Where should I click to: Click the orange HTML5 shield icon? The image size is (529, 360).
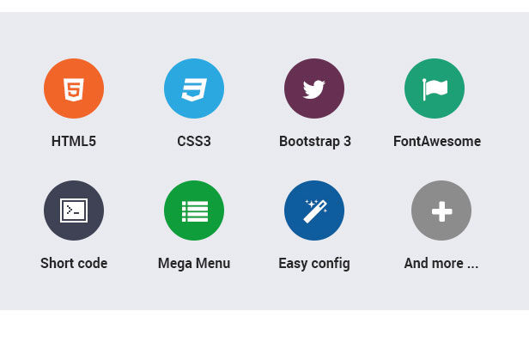(x=74, y=88)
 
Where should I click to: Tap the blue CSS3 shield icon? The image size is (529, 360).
(x=194, y=88)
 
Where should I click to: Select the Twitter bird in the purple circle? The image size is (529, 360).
(x=314, y=88)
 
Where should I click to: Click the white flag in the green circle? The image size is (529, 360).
(x=435, y=88)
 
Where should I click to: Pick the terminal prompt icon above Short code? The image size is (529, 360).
(x=74, y=211)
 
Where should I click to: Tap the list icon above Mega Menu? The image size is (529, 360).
(x=194, y=211)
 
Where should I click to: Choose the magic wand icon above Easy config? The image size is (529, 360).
(x=314, y=211)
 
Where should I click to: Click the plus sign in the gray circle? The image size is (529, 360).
(x=441, y=211)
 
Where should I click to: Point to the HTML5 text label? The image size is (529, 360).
(x=74, y=142)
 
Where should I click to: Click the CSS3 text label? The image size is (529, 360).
(x=194, y=142)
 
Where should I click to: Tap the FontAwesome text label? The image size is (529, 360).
(x=437, y=142)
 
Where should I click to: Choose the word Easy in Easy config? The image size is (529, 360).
(x=294, y=264)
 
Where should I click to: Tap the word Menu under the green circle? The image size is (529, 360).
(x=212, y=264)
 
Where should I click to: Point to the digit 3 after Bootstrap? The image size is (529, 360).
(x=347, y=142)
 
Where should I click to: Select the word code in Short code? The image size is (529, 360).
(x=93, y=264)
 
